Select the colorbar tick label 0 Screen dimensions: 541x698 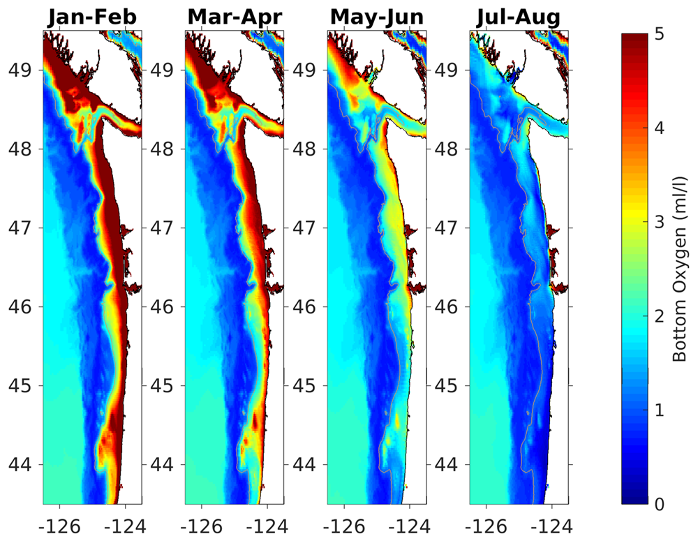point(660,503)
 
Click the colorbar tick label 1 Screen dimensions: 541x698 point(660,409)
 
